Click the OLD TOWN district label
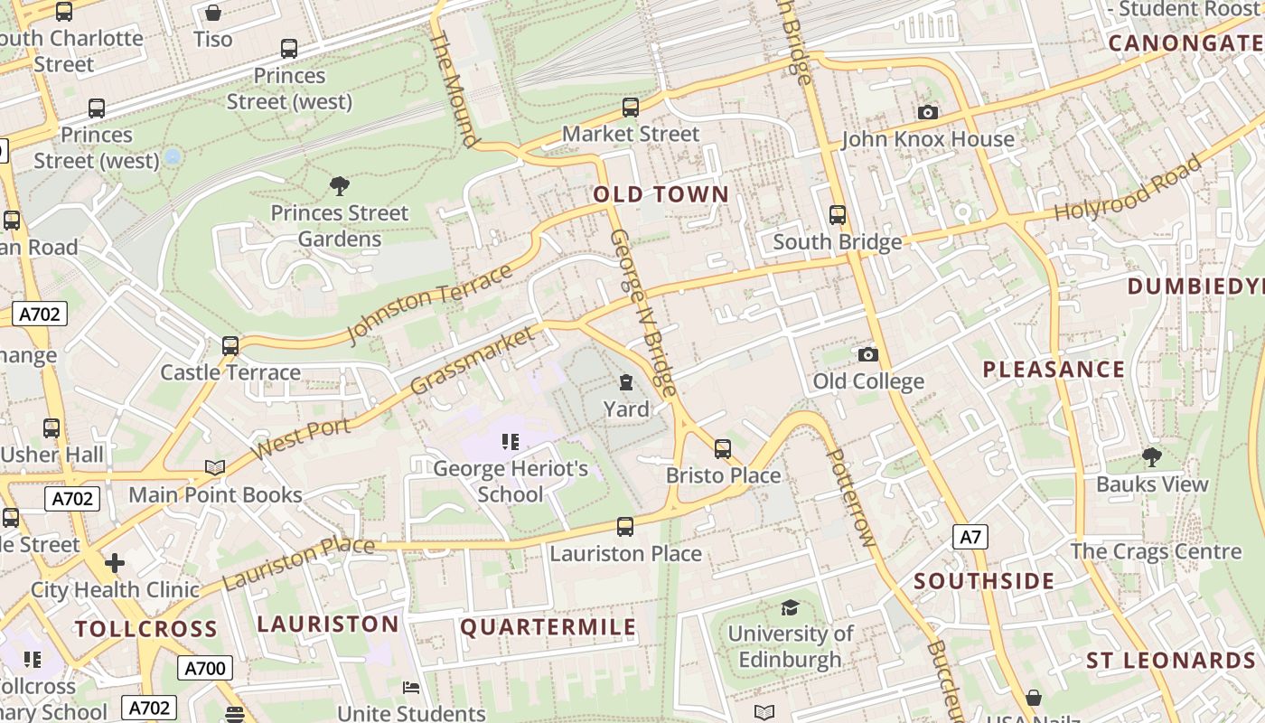click(x=661, y=194)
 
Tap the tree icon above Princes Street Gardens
click(x=340, y=187)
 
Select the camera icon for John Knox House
click(x=927, y=113)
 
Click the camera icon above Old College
click(x=867, y=354)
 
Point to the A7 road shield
click(x=970, y=537)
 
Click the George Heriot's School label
click(x=511, y=482)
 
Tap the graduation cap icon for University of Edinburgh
click(x=790, y=607)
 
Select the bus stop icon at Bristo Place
click(x=723, y=448)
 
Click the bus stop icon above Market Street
click(x=631, y=108)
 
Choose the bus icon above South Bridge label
click(x=838, y=215)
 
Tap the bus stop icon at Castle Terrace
click(x=230, y=346)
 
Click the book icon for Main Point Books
click(x=215, y=467)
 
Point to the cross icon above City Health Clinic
click(x=115, y=563)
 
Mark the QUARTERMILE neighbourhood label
click(x=548, y=627)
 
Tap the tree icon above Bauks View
click(x=1151, y=456)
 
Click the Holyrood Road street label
click(x=1129, y=189)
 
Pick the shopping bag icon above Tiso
click(x=213, y=13)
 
